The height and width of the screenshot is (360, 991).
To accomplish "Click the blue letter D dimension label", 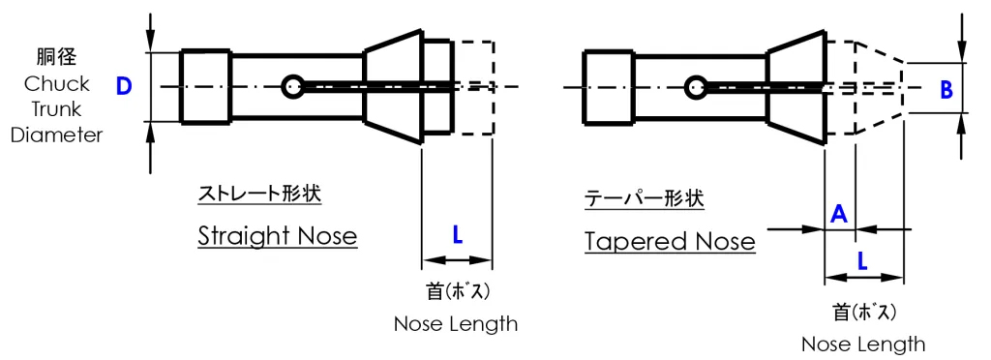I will click(x=124, y=86).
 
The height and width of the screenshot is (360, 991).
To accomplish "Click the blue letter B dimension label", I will click(x=946, y=90).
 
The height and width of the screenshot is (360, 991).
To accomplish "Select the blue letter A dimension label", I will click(x=840, y=213).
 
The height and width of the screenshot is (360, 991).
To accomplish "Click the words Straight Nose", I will click(x=277, y=236).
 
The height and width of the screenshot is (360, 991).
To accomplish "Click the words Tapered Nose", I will click(x=670, y=241).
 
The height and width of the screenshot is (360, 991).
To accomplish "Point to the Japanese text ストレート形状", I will click(x=258, y=194).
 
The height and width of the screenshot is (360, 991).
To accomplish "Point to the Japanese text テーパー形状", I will click(x=645, y=199).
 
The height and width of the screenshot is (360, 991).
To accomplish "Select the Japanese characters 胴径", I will click(x=57, y=57).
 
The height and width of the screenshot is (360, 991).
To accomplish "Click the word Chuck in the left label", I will click(x=57, y=84).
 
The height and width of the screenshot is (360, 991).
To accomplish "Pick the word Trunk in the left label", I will click(x=57, y=109).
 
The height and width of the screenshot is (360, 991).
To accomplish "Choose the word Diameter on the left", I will click(x=57, y=135).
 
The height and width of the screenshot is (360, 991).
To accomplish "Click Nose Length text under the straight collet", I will click(x=455, y=324).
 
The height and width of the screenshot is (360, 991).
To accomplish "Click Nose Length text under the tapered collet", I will click(x=862, y=345).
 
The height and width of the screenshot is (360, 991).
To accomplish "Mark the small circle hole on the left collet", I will click(x=293, y=87).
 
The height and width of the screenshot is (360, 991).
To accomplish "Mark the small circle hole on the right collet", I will click(x=694, y=88).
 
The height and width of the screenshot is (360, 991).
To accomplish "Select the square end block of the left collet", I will click(x=206, y=86).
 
